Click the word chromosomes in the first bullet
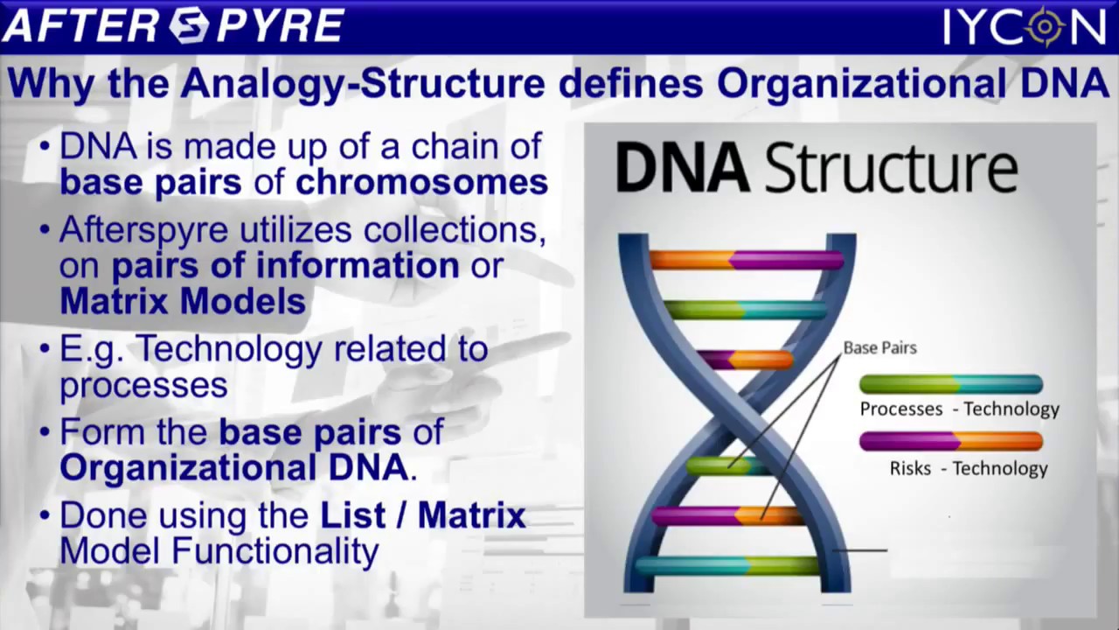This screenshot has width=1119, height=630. (x=421, y=182)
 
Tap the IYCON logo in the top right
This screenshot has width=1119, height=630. (x=1025, y=26)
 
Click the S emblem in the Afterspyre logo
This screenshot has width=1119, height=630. (x=189, y=25)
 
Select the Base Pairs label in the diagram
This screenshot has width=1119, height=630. (x=879, y=347)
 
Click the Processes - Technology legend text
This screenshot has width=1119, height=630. (x=959, y=409)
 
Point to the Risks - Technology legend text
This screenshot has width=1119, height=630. (x=969, y=468)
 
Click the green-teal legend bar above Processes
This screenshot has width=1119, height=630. (x=950, y=384)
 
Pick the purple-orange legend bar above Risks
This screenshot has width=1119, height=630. (x=950, y=441)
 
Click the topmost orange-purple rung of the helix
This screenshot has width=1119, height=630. (x=746, y=259)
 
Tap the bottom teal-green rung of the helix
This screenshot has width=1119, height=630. (x=727, y=565)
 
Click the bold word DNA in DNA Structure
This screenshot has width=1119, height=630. (x=682, y=170)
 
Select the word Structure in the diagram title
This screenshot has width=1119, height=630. (x=891, y=170)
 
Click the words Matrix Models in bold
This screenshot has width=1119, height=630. (x=183, y=302)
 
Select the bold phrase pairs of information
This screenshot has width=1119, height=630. (x=285, y=265)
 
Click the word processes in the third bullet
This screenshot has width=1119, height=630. (x=143, y=384)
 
